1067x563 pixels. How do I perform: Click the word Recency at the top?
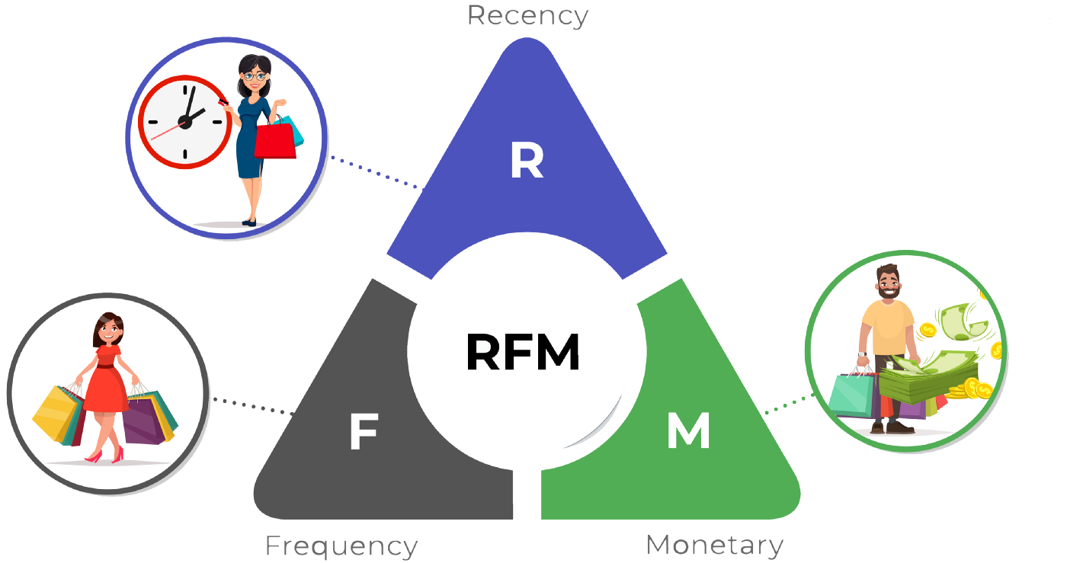527,16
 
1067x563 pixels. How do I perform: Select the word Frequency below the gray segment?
341,546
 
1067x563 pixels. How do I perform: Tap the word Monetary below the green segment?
714,545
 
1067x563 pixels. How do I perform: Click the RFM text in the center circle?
523,353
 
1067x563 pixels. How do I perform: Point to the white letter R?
527,162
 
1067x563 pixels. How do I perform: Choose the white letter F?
364,433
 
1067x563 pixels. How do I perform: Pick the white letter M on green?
688,431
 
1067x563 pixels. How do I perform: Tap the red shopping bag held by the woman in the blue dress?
274,142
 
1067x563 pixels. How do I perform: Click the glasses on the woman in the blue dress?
255,75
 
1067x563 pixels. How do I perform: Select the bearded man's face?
886,283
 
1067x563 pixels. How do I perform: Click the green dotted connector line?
785,405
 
